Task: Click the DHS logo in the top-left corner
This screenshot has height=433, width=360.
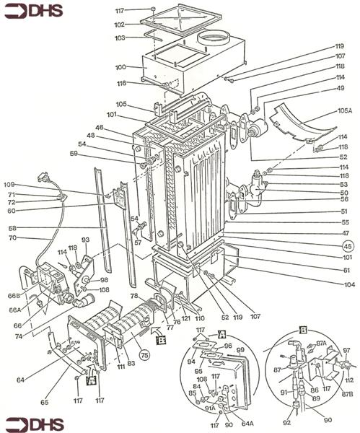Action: coord(35,11)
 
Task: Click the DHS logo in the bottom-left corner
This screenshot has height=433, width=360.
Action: coord(35,422)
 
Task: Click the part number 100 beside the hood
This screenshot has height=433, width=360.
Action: coord(120,67)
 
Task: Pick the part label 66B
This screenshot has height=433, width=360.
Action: coord(13,295)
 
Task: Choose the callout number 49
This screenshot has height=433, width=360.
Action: coord(341,88)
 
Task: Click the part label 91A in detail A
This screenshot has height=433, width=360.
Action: coord(208,408)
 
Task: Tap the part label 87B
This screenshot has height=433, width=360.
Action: coord(346,394)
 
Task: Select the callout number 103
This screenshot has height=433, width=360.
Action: coord(120,38)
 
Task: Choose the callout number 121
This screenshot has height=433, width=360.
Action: coord(185,318)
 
